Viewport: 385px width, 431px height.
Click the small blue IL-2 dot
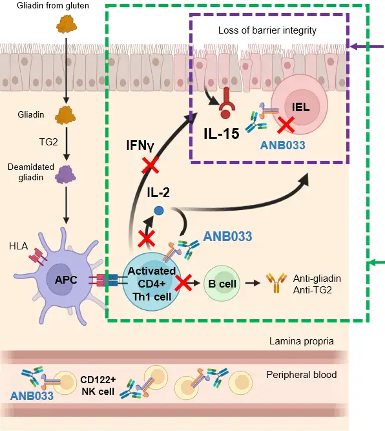pyautogui.click(x=157, y=210)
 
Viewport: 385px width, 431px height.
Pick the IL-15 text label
pyautogui.click(x=220, y=134)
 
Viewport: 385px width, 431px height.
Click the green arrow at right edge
pyautogui.click(x=375, y=263)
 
